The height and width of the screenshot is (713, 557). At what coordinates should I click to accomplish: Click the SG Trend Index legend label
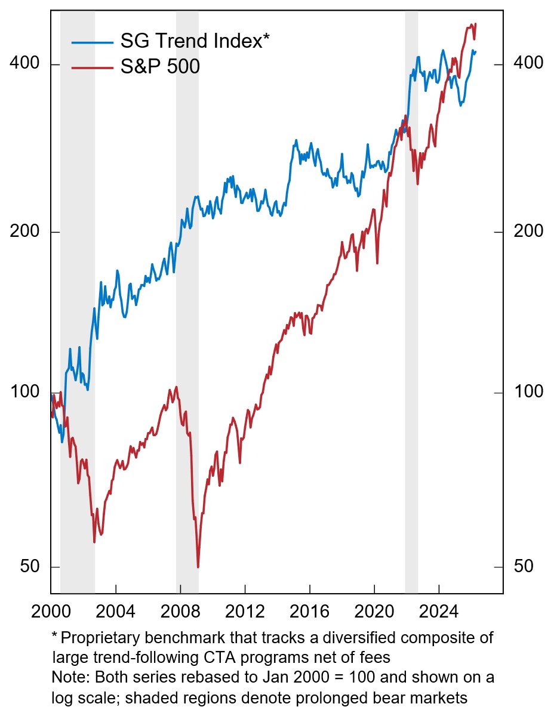[x=195, y=41]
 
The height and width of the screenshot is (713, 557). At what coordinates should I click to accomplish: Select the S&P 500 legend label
[x=159, y=67]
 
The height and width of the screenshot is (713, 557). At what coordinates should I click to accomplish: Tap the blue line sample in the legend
[x=92, y=42]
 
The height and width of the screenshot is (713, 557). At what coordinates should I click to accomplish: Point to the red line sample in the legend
[x=92, y=67]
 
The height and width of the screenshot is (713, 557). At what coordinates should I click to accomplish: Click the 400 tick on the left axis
[x=23, y=64]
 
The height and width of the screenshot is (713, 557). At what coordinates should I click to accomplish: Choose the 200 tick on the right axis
[x=528, y=232]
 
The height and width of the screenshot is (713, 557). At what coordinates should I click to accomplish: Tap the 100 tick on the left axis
[x=23, y=393]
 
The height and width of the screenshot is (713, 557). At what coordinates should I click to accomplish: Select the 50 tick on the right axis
[x=524, y=567]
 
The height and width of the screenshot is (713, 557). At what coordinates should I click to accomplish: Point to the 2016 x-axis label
[x=309, y=612]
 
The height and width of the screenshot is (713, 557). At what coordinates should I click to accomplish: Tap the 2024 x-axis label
[x=439, y=612]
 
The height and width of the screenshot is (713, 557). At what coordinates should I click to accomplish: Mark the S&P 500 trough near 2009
[x=198, y=567]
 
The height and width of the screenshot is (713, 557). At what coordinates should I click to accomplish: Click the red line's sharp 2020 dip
[x=377, y=263]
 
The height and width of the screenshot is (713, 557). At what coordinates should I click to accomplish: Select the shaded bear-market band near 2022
[x=411, y=298]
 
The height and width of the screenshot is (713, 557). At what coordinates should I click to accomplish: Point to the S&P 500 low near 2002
[x=94, y=542]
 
